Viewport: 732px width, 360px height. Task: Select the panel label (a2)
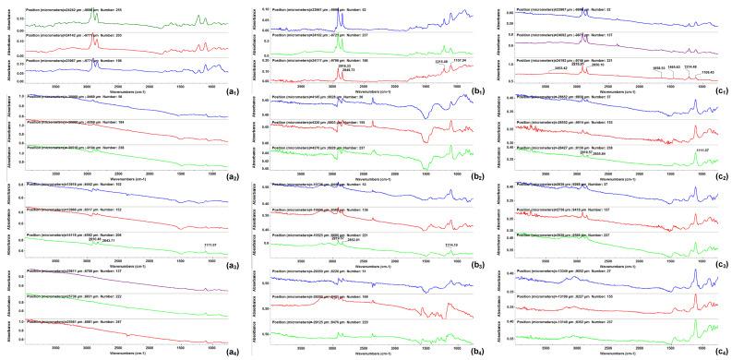coord(230,176)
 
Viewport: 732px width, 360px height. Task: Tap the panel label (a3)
coord(230,264)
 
